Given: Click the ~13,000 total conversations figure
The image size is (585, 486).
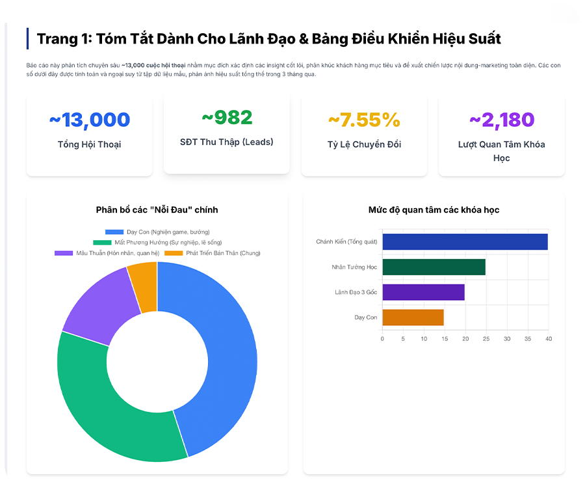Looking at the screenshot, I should pyautogui.click(x=90, y=120).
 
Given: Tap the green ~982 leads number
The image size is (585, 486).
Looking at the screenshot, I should pyautogui.click(x=227, y=118).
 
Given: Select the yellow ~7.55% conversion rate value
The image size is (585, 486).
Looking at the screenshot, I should pyautogui.click(x=364, y=120).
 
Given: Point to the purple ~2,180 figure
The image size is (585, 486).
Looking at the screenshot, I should pyautogui.click(x=501, y=120).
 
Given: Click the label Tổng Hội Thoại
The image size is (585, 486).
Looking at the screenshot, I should pyautogui.click(x=90, y=144).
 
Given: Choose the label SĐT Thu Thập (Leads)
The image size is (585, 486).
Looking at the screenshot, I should pyautogui.click(x=227, y=142).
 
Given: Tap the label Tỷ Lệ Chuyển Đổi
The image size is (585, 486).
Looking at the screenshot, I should pyautogui.click(x=364, y=144).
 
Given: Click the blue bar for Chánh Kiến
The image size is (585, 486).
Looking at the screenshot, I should pyautogui.click(x=465, y=241).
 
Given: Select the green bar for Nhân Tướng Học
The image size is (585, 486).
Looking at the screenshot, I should pyautogui.click(x=434, y=267).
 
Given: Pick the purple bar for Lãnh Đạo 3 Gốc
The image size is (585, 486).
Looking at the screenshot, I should pyautogui.click(x=423, y=292).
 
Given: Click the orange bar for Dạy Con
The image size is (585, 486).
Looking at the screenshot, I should pyautogui.click(x=413, y=317).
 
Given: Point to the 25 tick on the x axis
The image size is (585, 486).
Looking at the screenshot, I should pyautogui.click(x=486, y=338).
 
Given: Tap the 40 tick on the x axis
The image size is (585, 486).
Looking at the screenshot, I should pyautogui.click(x=548, y=338).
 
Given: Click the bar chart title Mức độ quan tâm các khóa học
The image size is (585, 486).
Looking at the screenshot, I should pyautogui.click(x=434, y=209).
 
